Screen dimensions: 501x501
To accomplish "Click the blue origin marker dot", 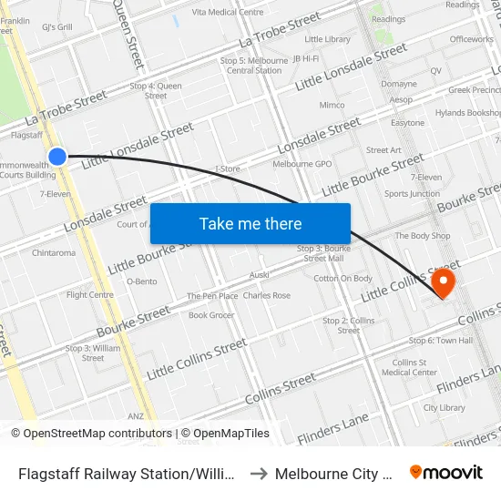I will click(57, 157).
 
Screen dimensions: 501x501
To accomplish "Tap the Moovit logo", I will click(446, 473).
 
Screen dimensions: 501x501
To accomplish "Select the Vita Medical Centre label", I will click(228, 13).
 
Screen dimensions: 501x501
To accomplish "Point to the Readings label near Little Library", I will click(389, 19).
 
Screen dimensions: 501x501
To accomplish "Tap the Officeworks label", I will click(471, 39).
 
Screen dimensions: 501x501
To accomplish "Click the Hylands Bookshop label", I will click(468, 113).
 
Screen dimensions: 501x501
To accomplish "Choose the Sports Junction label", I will click(412, 194).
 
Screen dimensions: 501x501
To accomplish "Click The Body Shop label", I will click(423, 236).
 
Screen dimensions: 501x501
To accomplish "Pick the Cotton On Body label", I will click(343, 279).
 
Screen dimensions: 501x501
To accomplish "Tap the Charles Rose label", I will click(267, 296).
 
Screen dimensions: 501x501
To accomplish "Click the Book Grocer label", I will click(211, 315).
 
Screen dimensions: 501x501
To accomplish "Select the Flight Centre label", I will click(89, 295).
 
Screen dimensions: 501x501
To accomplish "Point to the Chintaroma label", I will click(54, 253).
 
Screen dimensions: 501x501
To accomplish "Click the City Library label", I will click(445, 408).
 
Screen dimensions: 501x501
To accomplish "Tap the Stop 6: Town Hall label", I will click(441, 341).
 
